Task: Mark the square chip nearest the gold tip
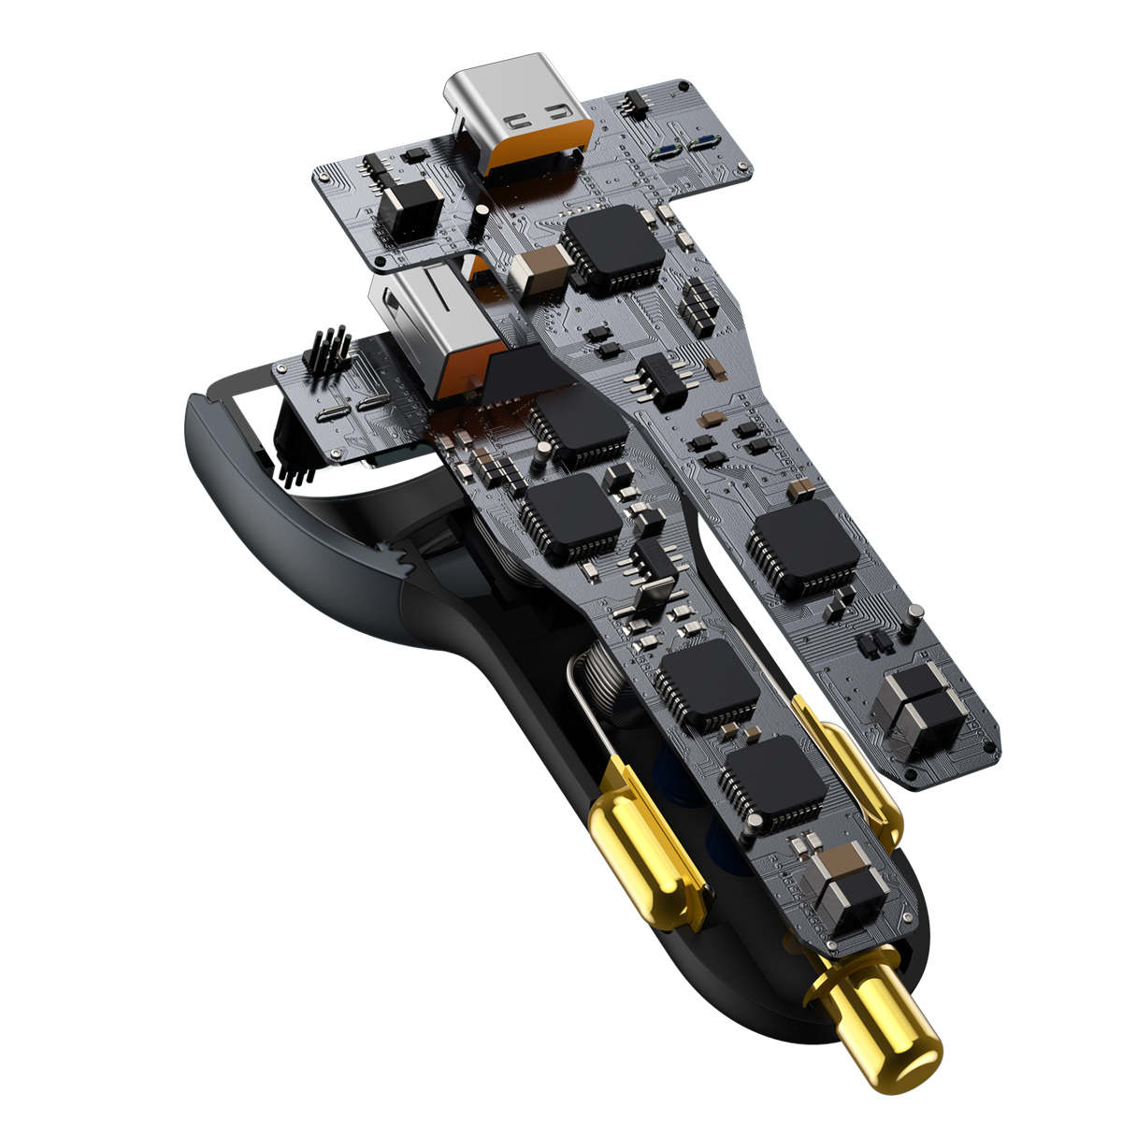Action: (x=774, y=784)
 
